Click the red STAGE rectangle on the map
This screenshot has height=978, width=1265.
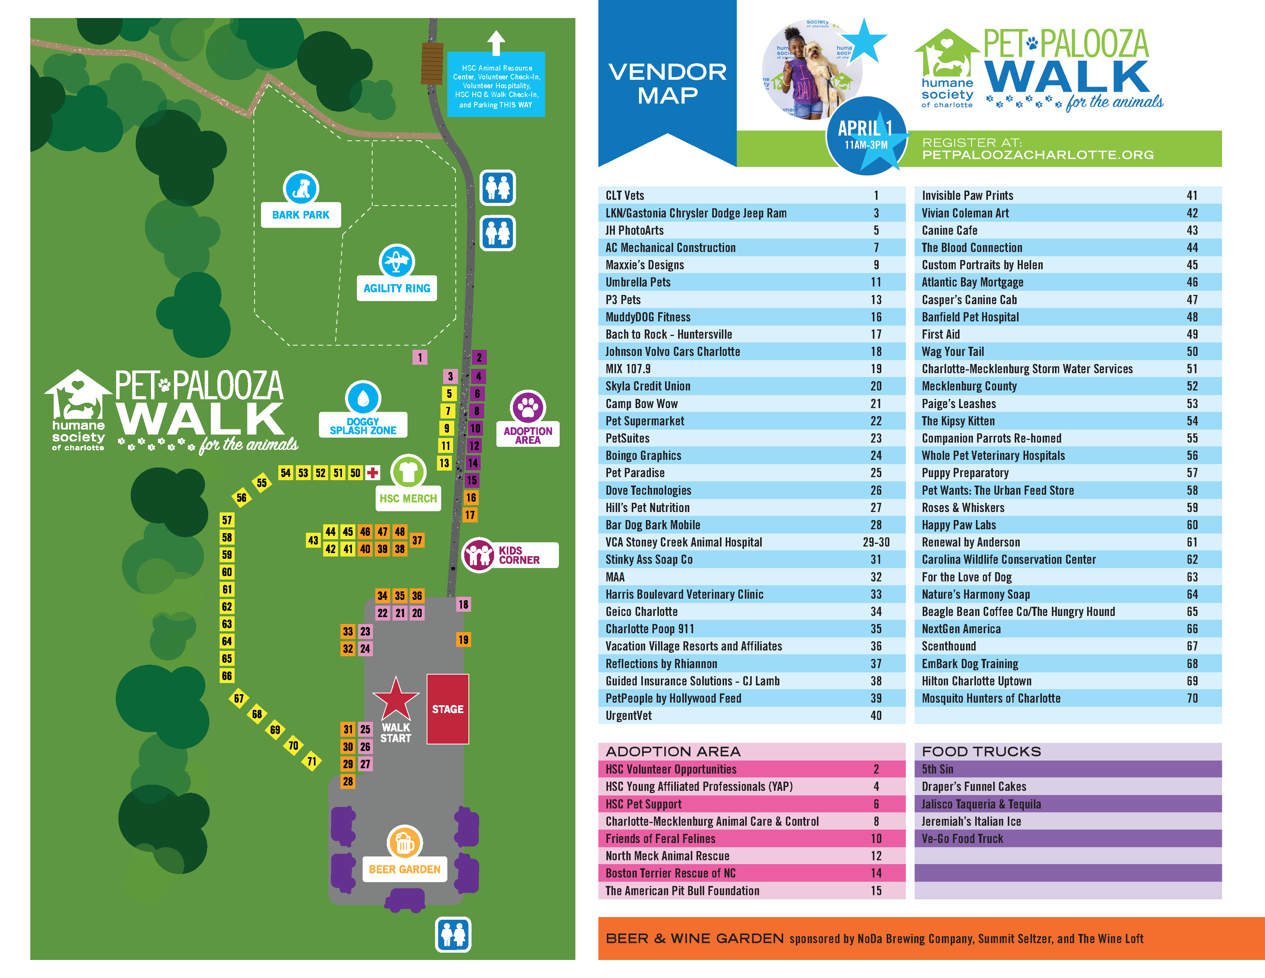click(x=447, y=709)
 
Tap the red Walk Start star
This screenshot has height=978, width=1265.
click(x=396, y=699)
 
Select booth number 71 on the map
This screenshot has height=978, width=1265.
click(x=312, y=761)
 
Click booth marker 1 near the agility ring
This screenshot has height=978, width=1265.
click(x=420, y=357)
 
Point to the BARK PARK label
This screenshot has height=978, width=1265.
click(x=301, y=215)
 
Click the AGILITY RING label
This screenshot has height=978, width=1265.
click(x=397, y=288)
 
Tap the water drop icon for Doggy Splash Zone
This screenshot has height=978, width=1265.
click(x=363, y=398)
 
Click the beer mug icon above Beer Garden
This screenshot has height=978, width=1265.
click(x=404, y=843)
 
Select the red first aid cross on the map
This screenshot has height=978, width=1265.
click(x=373, y=473)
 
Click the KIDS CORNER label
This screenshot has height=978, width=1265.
click(x=519, y=555)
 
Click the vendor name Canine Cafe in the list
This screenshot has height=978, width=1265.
click(x=950, y=231)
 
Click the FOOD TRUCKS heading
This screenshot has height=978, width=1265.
click(x=981, y=751)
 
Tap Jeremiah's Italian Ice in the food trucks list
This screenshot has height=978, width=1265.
click(x=971, y=822)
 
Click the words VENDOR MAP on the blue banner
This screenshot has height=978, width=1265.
click(x=667, y=84)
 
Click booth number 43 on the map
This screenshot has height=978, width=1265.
click(x=313, y=540)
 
